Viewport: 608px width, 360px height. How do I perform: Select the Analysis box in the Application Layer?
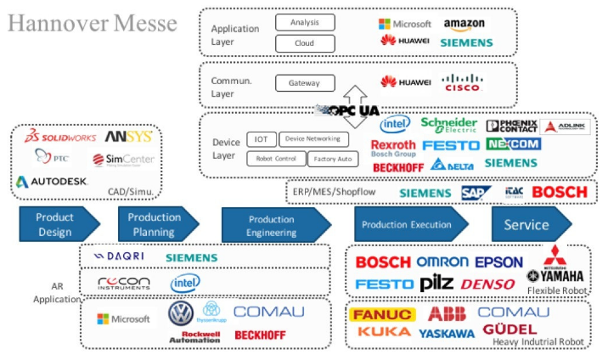[x=305, y=22]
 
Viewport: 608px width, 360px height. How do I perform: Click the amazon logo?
[x=464, y=25]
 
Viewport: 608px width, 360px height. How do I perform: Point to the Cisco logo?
[x=462, y=82]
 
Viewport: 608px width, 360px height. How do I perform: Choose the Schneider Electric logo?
[x=448, y=126]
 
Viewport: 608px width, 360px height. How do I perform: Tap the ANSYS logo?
[x=128, y=136]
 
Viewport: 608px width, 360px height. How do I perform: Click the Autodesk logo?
[x=51, y=181]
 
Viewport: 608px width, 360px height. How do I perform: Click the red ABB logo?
[x=447, y=313]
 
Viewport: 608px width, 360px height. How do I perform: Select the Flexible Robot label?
[x=557, y=290]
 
